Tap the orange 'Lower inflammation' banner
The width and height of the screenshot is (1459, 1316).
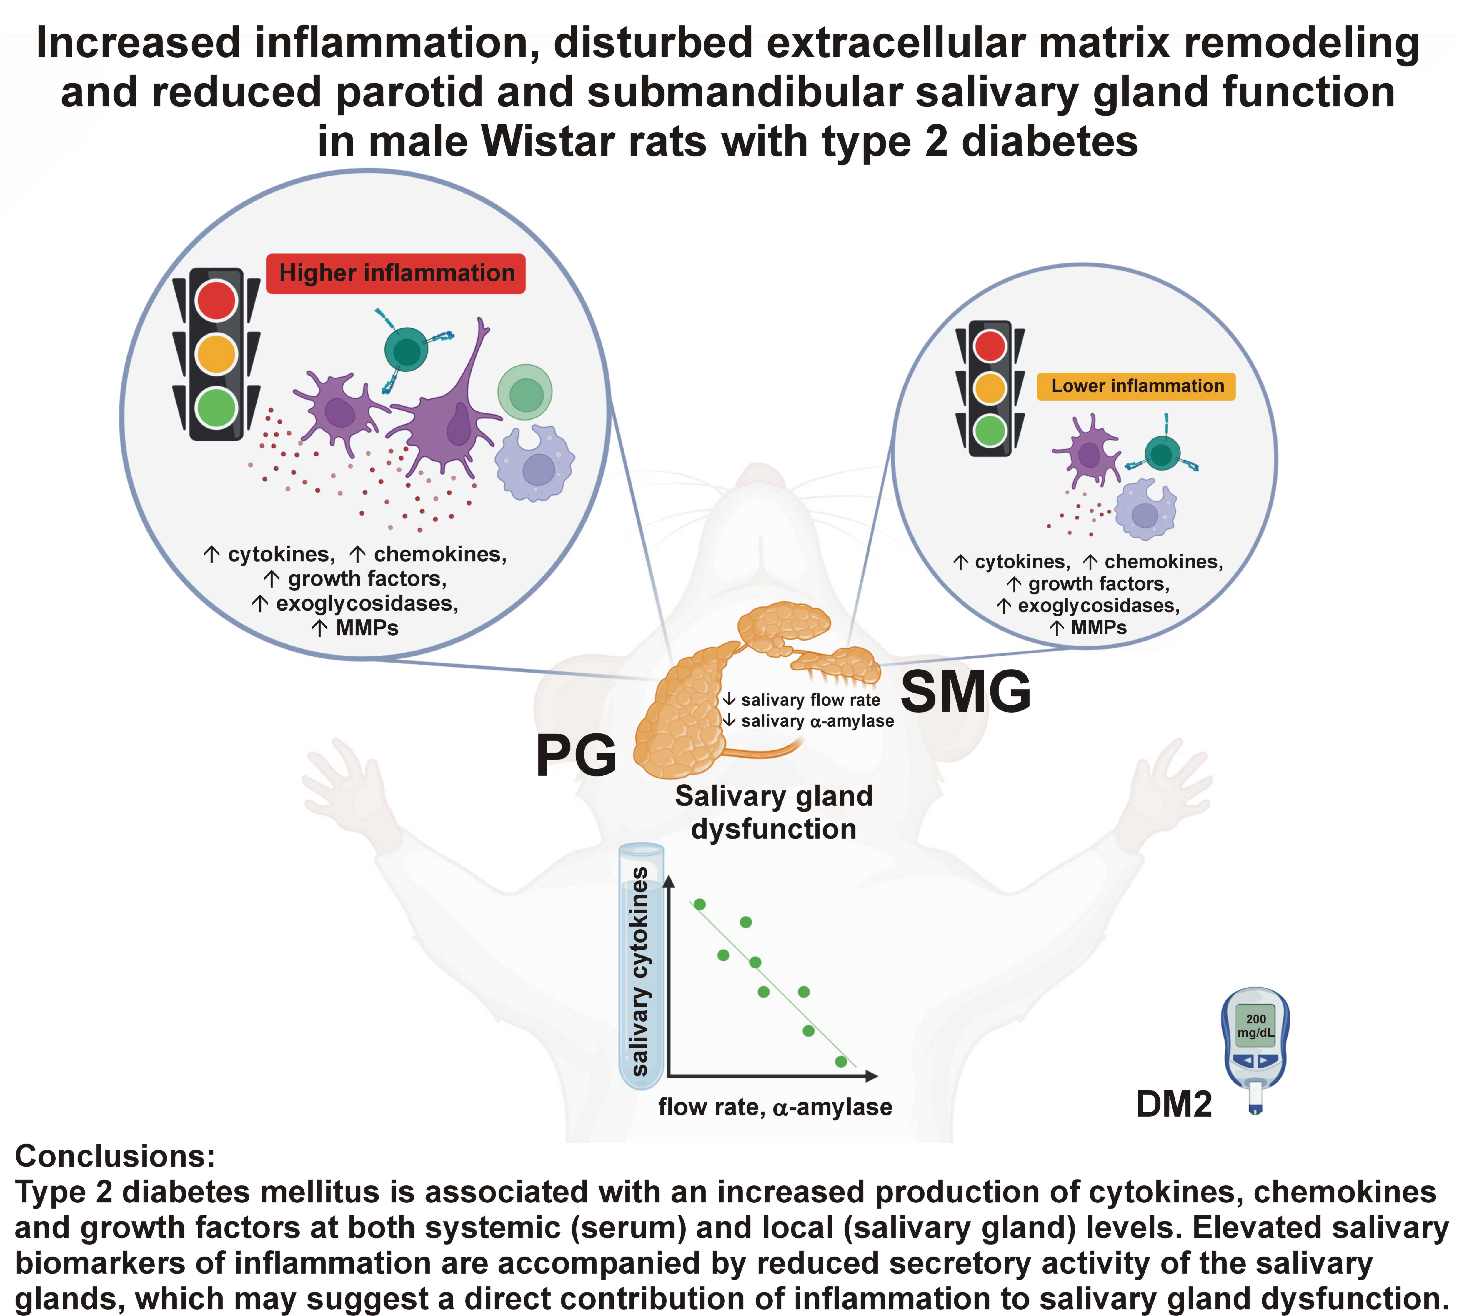(1136, 386)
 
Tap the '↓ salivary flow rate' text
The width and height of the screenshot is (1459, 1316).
(802, 700)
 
